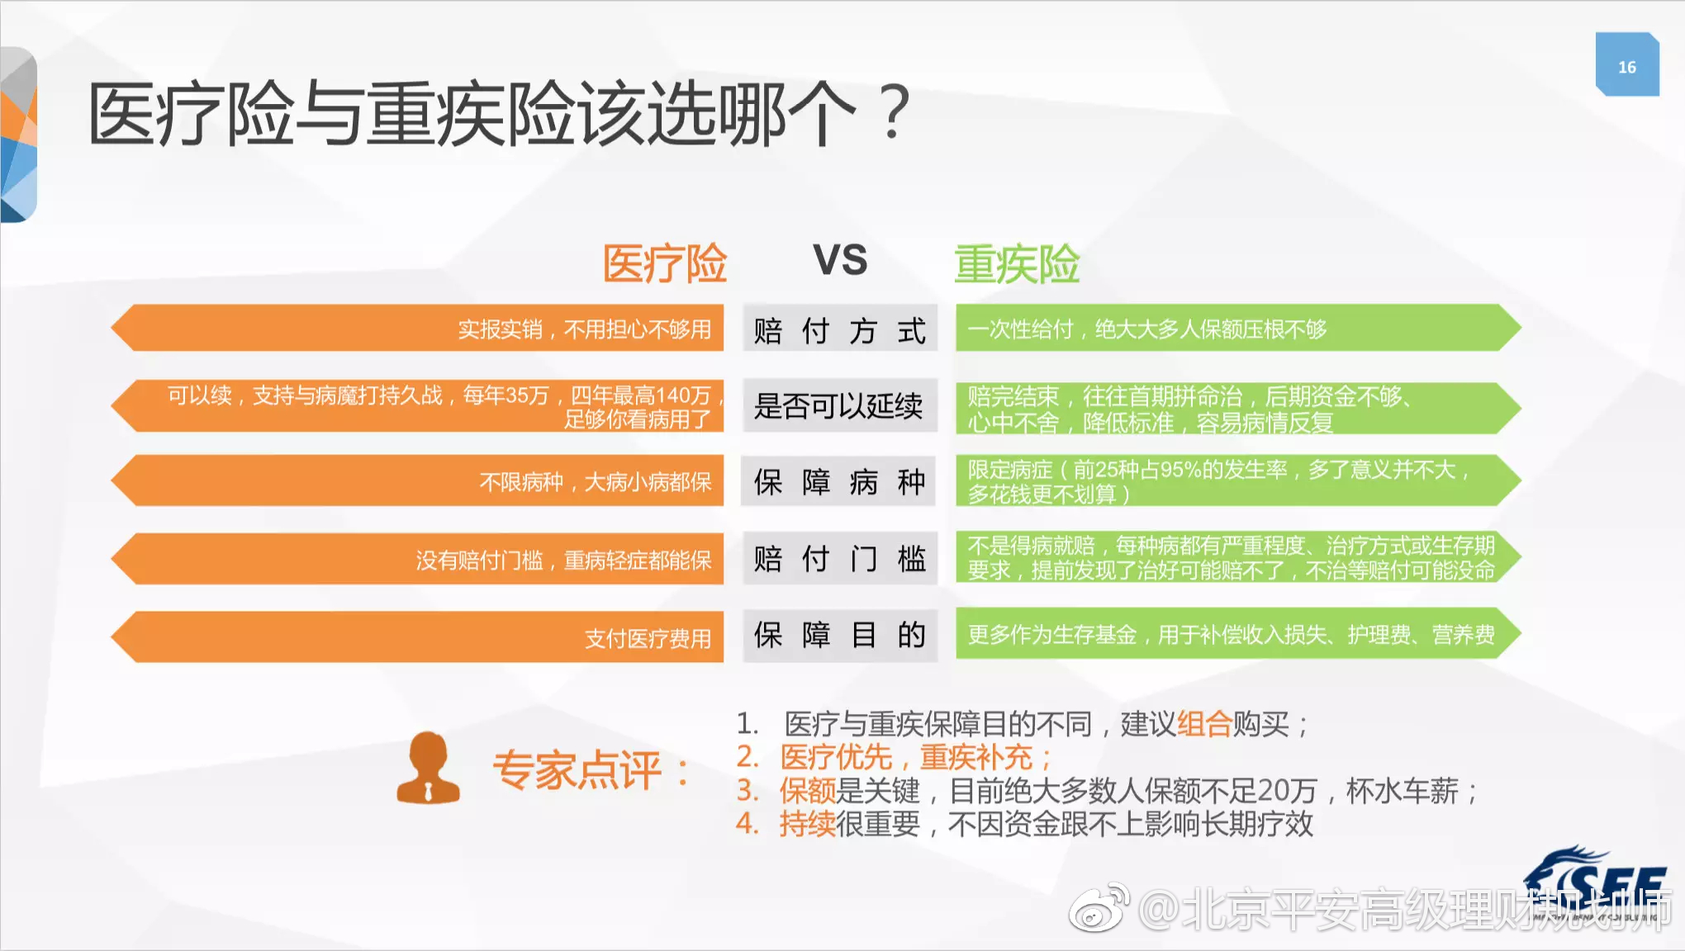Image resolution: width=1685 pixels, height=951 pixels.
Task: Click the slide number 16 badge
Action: coord(1626,66)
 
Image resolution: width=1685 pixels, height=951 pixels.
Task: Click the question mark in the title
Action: coord(894,112)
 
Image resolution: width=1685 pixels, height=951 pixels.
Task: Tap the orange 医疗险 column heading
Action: coord(665,264)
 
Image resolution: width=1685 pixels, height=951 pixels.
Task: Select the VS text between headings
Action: coord(840,261)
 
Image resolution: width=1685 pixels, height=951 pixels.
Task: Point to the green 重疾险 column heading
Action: coord(1017,264)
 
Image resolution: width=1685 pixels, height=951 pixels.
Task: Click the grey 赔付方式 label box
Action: coord(839,329)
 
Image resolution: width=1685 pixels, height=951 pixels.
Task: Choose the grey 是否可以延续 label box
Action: coord(839,405)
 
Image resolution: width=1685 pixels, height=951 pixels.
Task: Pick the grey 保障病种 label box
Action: coord(839,481)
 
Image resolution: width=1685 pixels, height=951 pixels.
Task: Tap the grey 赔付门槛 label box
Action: coord(839,559)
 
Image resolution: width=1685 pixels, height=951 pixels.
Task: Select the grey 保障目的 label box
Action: coord(839,635)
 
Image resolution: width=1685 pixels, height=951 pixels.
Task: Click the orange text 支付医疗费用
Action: coord(648,638)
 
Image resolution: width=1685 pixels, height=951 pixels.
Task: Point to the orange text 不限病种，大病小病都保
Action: coord(595,481)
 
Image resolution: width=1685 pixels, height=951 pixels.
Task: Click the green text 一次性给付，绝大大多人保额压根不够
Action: coord(1146,329)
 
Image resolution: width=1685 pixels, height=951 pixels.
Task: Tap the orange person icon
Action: coord(428,769)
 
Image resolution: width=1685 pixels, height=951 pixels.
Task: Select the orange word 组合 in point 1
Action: coord(1203,724)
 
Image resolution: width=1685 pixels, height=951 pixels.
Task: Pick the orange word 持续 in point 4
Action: coord(807,824)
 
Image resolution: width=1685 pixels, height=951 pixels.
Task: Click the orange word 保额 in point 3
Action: coord(807,791)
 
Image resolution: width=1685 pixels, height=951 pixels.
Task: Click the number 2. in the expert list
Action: coord(748,757)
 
